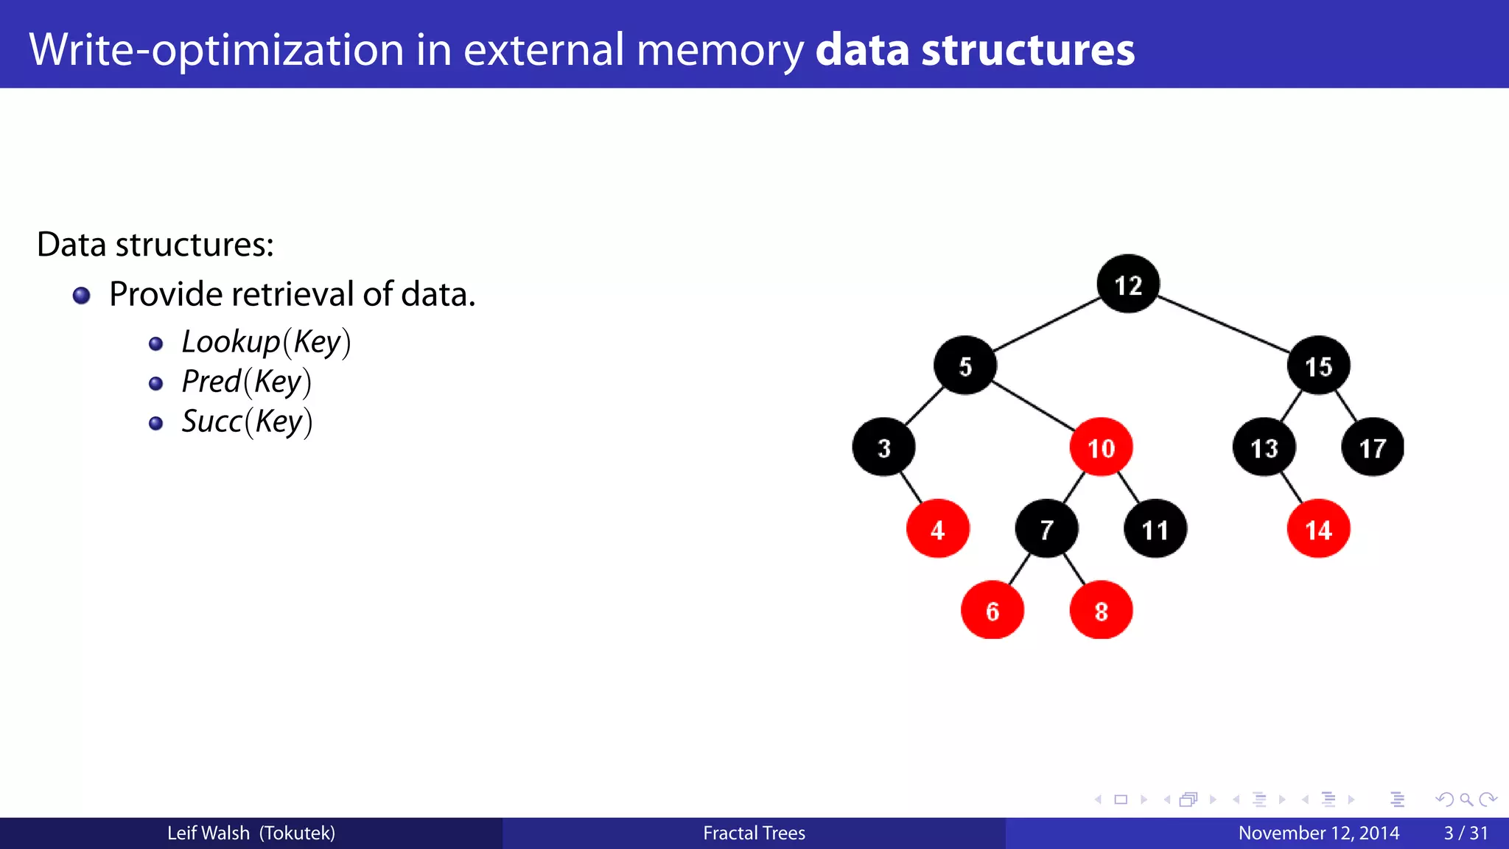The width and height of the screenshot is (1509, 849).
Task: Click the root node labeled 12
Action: (1127, 284)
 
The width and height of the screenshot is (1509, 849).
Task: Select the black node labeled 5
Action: (964, 366)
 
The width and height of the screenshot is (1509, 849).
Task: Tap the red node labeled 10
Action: (1101, 447)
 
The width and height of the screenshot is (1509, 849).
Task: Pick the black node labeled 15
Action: (1318, 366)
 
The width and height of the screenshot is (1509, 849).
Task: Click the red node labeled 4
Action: (937, 529)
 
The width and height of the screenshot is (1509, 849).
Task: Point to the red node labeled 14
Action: (1318, 529)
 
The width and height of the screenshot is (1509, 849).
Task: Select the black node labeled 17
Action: (1372, 447)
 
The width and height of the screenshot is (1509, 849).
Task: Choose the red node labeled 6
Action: (992, 610)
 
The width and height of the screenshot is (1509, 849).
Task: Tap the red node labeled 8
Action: (1101, 610)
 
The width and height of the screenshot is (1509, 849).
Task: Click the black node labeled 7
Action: (1046, 529)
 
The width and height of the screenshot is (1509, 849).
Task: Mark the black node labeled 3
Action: (883, 447)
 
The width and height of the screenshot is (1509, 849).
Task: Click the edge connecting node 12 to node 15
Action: (1223, 324)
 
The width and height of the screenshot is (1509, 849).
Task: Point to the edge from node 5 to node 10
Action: (1033, 406)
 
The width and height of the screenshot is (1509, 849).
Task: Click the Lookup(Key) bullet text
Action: (266, 343)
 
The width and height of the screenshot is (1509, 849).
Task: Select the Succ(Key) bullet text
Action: (247, 422)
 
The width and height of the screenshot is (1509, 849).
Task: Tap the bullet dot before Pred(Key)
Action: (155, 383)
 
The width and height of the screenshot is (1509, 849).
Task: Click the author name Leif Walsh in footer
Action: (209, 833)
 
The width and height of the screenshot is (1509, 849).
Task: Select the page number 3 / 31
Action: (1466, 833)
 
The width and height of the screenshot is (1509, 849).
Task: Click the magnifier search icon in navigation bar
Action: (1466, 800)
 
